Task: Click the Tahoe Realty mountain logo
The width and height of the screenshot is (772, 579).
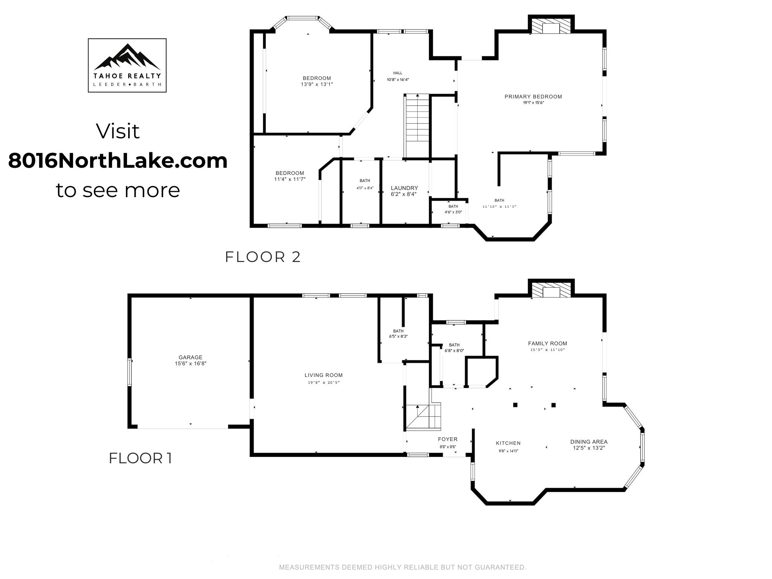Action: [127, 65]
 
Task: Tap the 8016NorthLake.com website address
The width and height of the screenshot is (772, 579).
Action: [118, 161]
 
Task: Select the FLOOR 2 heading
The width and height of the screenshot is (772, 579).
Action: [263, 257]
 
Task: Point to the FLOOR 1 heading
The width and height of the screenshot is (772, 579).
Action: [141, 458]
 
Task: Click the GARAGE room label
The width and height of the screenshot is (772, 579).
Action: [190, 357]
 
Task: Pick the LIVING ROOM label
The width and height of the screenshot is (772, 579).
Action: [324, 375]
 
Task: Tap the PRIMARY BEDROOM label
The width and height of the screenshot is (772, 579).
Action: [533, 96]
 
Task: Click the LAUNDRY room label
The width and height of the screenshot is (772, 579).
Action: [404, 188]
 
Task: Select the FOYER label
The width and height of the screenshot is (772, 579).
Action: [448, 439]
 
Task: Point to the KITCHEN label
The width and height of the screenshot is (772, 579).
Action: [509, 443]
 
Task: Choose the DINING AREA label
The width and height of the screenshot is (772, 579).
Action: [589, 442]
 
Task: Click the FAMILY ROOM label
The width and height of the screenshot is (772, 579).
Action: [548, 343]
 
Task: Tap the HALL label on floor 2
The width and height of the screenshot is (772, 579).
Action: [398, 73]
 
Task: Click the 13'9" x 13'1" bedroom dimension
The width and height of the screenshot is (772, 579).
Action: [317, 84]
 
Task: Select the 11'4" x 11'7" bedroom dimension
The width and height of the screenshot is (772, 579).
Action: [290, 179]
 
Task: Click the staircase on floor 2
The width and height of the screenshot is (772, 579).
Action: [417, 126]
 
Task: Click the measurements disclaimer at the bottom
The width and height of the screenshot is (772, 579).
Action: [403, 567]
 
